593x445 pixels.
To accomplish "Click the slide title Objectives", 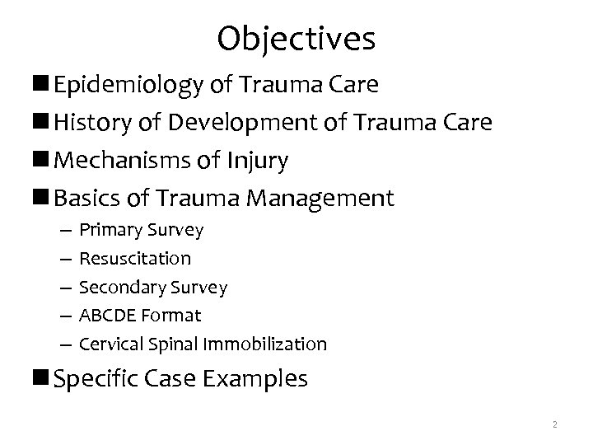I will click(296, 38).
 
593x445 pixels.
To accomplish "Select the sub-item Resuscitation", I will click(135, 259).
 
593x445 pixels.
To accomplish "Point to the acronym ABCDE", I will click(105, 315).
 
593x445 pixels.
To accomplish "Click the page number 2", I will click(555, 424).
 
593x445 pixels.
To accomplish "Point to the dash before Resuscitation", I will click(64, 259).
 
